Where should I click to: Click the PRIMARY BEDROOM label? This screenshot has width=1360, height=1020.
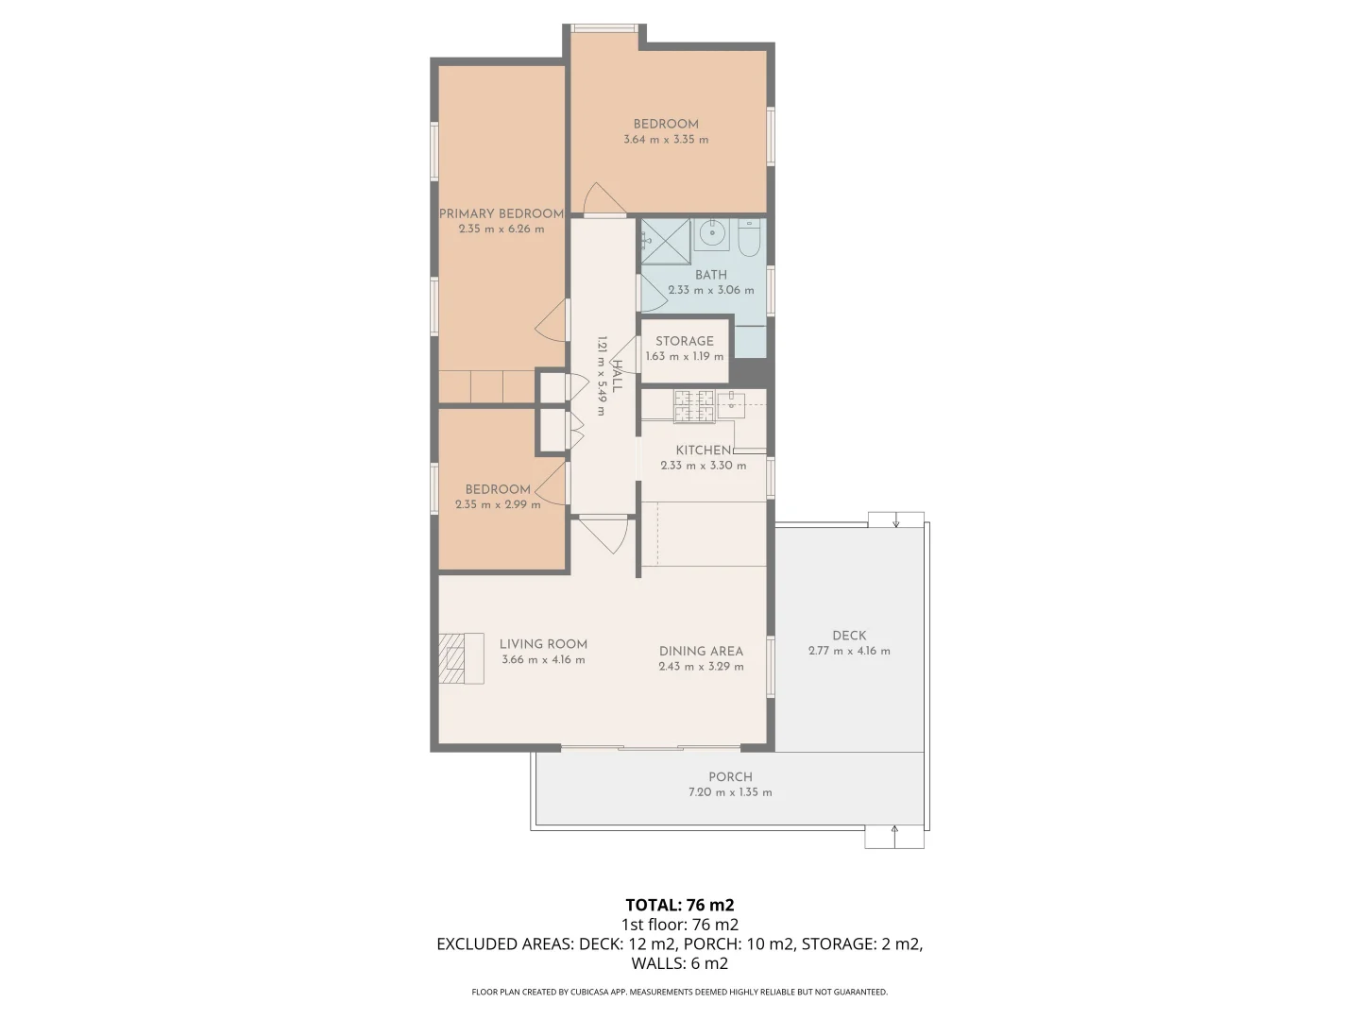tap(501, 213)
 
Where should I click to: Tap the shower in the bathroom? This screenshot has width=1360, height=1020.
tap(666, 241)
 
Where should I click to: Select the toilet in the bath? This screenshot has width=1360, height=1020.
tap(750, 239)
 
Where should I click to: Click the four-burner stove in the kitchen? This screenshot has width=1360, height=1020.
tap(693, 405)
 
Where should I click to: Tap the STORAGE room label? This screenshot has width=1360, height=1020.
tap(685, 341)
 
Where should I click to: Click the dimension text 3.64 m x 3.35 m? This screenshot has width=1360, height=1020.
tap(666, 140)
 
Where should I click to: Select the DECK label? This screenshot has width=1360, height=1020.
tap(849, 636)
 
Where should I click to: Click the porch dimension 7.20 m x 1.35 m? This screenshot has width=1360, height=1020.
tap(730, 792)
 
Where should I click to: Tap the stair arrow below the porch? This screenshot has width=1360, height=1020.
tap(894, 837)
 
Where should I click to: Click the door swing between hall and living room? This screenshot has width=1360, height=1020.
tap(604, 534)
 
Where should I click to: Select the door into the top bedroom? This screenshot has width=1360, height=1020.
tap(602, 200)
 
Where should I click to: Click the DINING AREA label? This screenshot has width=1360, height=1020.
tap(701, 651)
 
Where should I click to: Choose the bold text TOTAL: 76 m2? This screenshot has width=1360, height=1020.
tap(679, 905)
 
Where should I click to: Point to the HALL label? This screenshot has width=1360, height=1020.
tap(617, 376)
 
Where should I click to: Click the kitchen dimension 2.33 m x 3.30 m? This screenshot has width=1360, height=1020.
tap(703, 466)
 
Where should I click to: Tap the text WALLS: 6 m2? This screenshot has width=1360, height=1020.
tap(679, 963)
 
